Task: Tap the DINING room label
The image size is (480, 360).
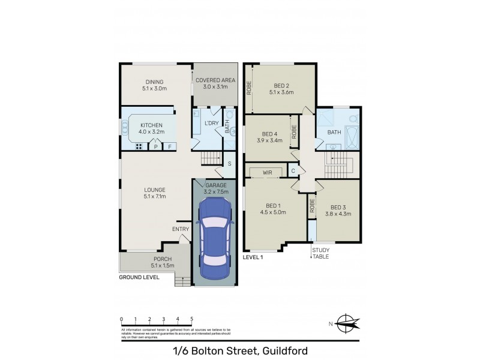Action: tap(154, 82)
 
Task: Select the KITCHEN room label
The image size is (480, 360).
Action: tap(151, 125)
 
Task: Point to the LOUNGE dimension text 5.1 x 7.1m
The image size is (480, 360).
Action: tap(154, 196)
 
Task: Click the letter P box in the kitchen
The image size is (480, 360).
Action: tap(156, 146)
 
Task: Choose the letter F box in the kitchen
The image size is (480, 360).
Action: tap(170, 146)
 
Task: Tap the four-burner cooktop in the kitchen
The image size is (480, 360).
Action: tap(138, 146)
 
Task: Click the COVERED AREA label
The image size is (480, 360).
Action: tap(215, 80)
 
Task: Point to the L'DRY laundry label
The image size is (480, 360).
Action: tap(211, 123)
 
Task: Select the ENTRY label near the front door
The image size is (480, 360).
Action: tap(181, 229)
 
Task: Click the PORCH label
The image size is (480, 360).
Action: tap(154, 259)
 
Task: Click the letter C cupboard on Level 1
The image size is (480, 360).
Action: tap(293, 171)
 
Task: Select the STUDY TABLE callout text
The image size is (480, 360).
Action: tap(320, 253)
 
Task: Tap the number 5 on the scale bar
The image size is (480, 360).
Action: tap(192, 319)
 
